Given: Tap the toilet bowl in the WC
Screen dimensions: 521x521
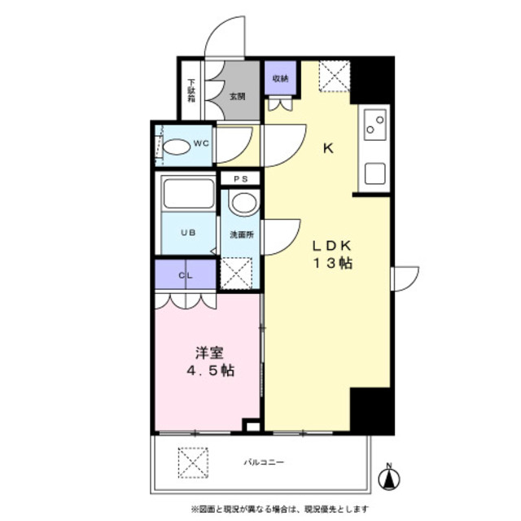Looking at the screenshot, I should (175, 147).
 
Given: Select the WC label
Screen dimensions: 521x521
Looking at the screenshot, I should (201, 145).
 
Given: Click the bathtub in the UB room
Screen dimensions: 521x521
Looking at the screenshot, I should (188, 195).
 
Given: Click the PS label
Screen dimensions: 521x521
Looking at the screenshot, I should (240, 178).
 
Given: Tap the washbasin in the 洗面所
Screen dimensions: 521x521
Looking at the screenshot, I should (242, 202).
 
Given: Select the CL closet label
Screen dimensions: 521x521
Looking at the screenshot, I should (186, 275).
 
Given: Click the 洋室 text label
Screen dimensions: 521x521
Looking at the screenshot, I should (209, 353).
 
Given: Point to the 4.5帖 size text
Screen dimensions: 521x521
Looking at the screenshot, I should (209, 371).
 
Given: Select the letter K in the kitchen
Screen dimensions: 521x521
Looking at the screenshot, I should (329, 148).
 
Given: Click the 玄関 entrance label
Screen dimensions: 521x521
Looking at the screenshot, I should (236, 95).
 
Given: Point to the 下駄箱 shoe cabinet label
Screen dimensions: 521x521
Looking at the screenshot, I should (191, 89).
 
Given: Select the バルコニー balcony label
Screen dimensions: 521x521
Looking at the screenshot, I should (263, 462).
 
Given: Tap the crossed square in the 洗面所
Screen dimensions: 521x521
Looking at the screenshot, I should (239, 272).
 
